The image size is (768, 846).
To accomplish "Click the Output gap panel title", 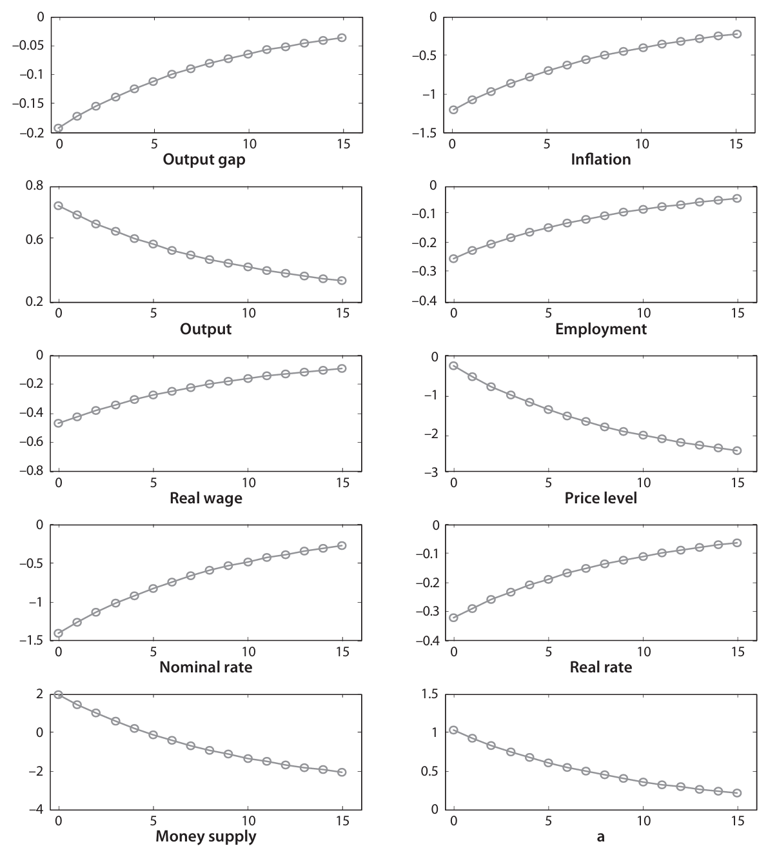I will (204, 159).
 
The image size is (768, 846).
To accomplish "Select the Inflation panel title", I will (600, 159).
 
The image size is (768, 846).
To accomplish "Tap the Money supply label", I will (206, 837).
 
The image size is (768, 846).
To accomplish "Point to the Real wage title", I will (206, 498).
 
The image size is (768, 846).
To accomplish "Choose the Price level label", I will (600, 498).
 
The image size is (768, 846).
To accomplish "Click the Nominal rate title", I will (206, 667).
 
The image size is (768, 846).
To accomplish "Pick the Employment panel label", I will (600, 329).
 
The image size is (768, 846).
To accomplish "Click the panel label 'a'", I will (600, 837).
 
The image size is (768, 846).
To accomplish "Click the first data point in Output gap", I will (59, 128).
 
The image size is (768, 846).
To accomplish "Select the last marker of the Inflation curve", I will (737, 34).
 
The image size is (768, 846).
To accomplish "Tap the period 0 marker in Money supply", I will (59, 695).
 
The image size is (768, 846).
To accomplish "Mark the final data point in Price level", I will (737, 450).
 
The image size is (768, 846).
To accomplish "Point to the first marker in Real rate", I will (453, 618).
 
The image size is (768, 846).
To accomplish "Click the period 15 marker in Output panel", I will (342, 280).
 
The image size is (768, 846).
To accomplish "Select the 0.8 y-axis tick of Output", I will (35, 186).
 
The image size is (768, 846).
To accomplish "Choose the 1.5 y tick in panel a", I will (429, 694).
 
